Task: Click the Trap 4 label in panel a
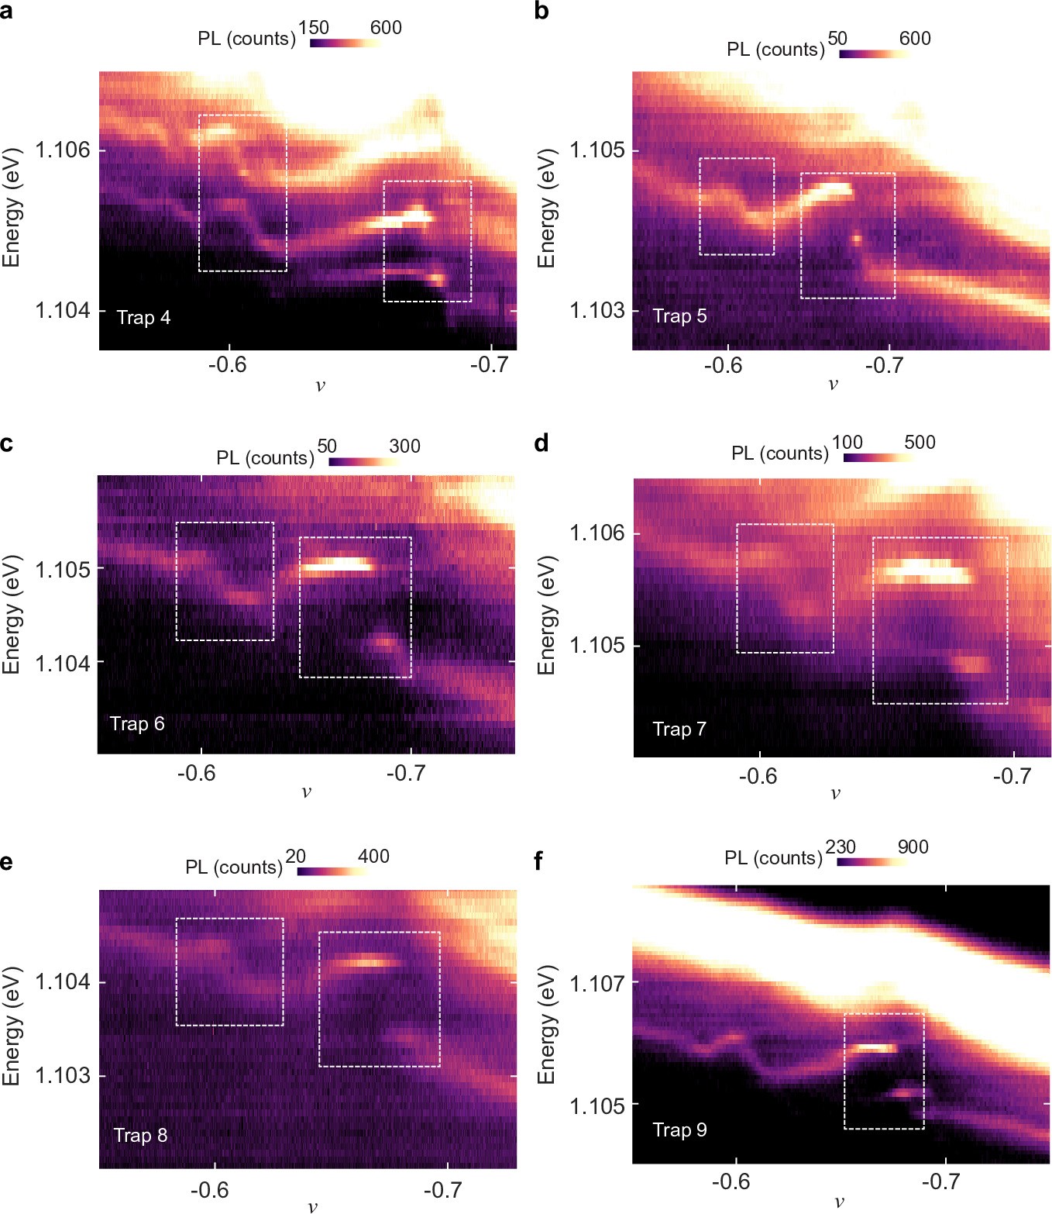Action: point(143,318)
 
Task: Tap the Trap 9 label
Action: point(679,1130)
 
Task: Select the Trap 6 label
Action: point(137,724)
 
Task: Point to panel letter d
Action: point(542,443)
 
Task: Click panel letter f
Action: point(541,861)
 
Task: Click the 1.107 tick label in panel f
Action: point(596,983)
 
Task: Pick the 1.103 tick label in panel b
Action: point(597,311)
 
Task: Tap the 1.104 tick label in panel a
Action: point(63,311)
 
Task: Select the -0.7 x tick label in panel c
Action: point(406,773)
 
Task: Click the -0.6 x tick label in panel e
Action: point(210,1189)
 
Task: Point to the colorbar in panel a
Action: point(345,43)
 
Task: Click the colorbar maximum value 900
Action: point(913,847)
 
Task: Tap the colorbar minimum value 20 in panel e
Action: point(295,856)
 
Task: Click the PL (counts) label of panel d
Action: point(780,453)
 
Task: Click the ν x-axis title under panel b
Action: point(834,384)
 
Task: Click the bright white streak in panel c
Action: point(337,565)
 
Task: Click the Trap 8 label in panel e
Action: point(140,1135)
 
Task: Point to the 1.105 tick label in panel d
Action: point(596,646)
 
